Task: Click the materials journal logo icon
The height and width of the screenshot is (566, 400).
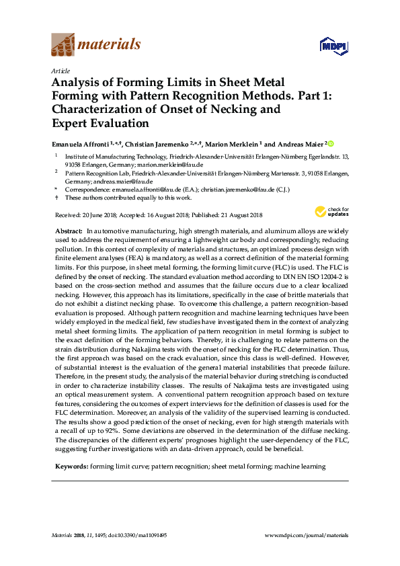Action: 63,45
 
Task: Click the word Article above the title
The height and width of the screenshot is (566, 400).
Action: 59,70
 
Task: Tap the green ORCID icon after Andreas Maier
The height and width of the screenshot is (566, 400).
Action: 330,144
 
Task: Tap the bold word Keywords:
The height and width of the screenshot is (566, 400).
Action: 71,466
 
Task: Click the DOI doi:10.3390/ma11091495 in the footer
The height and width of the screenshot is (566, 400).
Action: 137,535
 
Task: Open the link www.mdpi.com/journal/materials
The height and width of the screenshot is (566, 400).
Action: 307,535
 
